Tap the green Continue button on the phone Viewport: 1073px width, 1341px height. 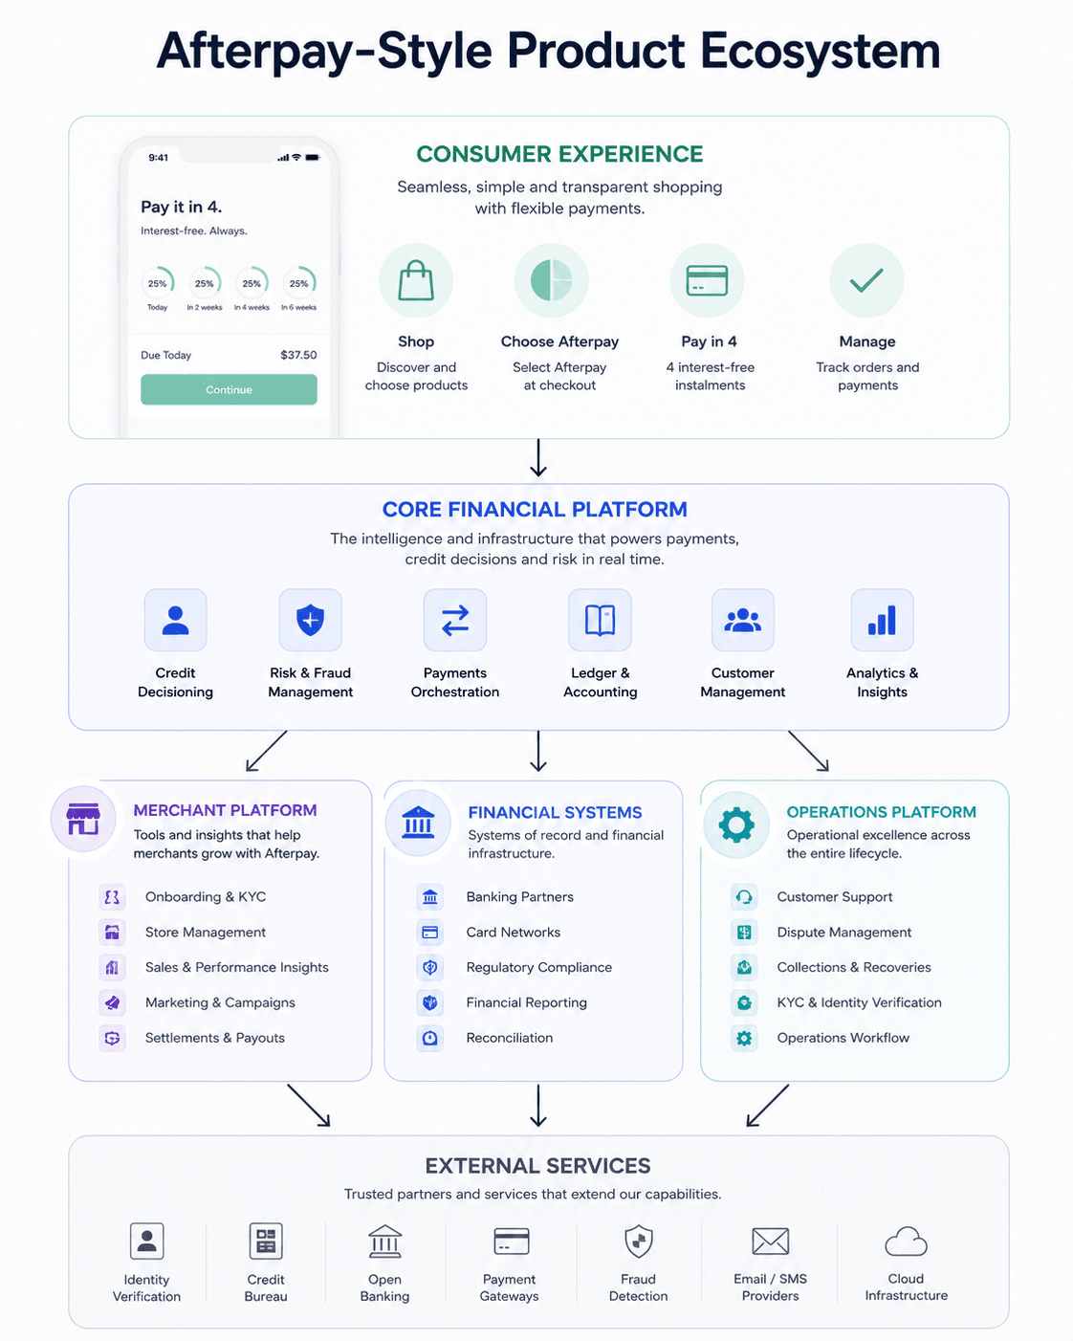point(229,389)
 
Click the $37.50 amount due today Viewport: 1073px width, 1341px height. point(298,355)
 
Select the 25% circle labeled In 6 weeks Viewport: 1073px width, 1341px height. point(299,283)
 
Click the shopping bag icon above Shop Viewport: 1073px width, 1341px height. point(416,280)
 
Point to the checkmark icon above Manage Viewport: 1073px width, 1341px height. point(866,280)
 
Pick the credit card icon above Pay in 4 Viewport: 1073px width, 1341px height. point(707,280)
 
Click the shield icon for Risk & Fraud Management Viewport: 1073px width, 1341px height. point(310,620)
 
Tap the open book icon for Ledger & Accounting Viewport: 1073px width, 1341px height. point(600,620)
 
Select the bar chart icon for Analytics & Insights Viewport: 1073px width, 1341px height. point(882,620)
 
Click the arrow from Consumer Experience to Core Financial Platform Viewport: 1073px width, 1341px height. point(538,458)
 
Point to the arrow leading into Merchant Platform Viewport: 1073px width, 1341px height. point(266,752)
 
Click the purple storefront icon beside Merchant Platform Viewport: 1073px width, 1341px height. point(83,819)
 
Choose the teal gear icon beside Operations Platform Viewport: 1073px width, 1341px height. point(736,824)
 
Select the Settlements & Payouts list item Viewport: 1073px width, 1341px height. point(192,1038)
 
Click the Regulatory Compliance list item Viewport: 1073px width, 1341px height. point(515,968)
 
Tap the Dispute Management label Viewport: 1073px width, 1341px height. point(843,933)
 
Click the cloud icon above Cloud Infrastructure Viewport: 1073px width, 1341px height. point(906,1241)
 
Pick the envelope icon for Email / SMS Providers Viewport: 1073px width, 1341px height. point(770,1242)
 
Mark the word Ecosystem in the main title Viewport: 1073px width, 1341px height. point(820,51)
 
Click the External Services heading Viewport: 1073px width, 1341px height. point(537,1166)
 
